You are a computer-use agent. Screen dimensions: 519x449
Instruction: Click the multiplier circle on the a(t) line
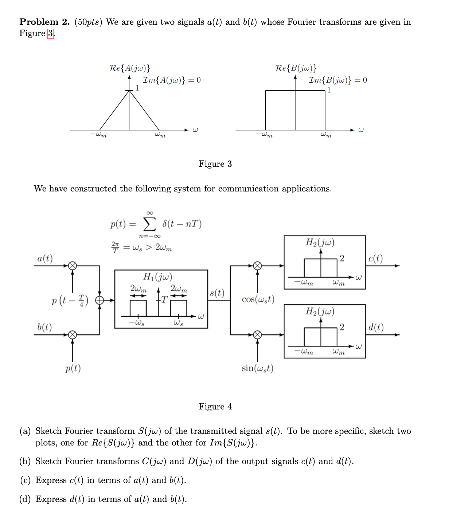pyautogui.click(x=73, y=266)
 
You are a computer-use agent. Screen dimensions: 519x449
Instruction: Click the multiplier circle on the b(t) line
pyautogui.click(x=73, y=334)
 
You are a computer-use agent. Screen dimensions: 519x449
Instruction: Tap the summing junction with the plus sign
pyautogui.click(x=99, y=300)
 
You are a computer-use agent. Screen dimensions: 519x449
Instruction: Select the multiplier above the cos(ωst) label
pyautogui.click(x=257, y=266)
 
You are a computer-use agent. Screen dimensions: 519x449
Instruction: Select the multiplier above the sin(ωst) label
pyautogui.click(x=257, y=334)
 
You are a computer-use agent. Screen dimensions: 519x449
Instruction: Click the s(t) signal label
pyautogui.click(x=217, y=293)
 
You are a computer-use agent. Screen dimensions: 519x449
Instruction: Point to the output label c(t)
pyautogui.click(x=375, y=258)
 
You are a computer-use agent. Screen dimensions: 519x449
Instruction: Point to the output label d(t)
pyautogui.click(x=376, y=327)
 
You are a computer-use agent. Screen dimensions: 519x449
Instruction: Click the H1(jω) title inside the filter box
pyautogui.click(x=157, y=277)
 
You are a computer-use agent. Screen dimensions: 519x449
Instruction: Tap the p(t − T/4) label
pyautogui.click(x=70, y=301)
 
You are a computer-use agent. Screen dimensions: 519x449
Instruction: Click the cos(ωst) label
pyautogui.click(x=258, y=300)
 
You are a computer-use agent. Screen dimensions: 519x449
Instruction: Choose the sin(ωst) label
pyautogui.click(x=257, y=368)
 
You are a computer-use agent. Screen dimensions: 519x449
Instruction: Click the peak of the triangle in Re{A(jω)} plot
pyautogui.click(x=129, y=91)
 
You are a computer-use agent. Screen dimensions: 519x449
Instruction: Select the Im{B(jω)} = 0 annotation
pyautogui.click(x=338, y=80)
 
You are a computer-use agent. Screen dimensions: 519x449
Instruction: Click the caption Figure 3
pyautogui.click(x=215, y=164)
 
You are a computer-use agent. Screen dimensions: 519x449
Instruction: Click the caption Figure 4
pyautogui.click(x=215, y=407)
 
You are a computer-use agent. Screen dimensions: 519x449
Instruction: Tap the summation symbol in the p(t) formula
pyautogui.click(x=149, y=224)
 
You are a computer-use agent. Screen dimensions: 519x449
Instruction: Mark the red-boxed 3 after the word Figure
pyautogui.click(x=50, y=33)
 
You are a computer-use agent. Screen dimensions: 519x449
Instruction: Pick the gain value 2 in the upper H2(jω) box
pyautogui.click(x=341, y=258)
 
